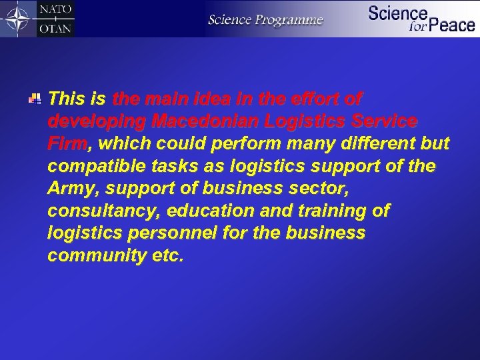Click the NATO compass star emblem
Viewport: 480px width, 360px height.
pos(18,19)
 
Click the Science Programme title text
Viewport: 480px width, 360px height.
pos(265,19)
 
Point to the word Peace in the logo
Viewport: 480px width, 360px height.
pos(452,25)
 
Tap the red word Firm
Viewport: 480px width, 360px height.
pos(67,144)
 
